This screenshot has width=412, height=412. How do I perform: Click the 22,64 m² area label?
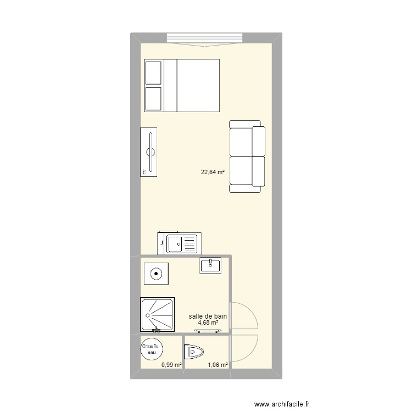click(213, 172)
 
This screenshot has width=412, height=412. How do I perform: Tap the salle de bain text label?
click(207, 316)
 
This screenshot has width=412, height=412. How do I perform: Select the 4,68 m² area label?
click(208, 323)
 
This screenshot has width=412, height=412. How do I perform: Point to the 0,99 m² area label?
click(171, 363)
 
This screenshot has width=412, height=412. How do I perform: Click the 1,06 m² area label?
click(217, 363)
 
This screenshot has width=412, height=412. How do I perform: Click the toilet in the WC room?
click(195, 350)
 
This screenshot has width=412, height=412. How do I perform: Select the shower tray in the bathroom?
click(158, 315)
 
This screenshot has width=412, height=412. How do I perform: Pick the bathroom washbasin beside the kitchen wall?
click(210, 265)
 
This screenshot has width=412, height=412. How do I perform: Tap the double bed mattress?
click(198, 85)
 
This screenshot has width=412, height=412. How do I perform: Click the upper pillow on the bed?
click(153, 73)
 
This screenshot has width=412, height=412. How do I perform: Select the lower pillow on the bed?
click(153, 98)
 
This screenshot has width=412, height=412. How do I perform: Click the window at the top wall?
click(204, 38)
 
